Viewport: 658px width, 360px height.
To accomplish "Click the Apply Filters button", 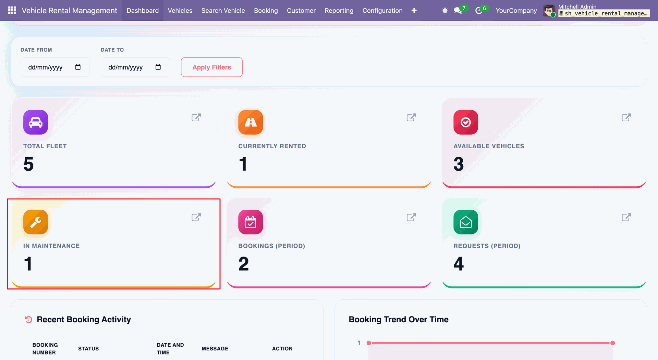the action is (x=211, y=67).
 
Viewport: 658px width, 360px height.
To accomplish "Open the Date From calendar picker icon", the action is (x=78, y=67).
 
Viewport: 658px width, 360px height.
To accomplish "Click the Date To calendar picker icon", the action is (x=158, y=67).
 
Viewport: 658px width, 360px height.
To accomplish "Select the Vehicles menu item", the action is (x=180, y=11).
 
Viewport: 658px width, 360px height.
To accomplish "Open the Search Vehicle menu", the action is (x=223, y=11).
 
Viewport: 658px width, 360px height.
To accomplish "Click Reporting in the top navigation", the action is (x=339, y=11).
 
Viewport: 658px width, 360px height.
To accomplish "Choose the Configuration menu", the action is (x=382, y=11).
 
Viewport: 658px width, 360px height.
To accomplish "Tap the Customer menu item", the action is (x=301, y=11).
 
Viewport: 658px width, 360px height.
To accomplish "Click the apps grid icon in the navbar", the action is (x=12, y=11).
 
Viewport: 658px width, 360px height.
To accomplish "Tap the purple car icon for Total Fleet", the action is (x=36, y=122).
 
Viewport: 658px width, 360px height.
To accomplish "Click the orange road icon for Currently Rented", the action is (x=251, y=122).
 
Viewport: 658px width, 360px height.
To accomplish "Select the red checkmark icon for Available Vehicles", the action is (x=466, y=122).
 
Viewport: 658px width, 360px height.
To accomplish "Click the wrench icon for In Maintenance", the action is (x=36, y=222).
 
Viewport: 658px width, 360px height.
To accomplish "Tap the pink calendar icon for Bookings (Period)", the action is (x=251, y=222).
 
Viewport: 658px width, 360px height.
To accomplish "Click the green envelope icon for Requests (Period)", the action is (x=466, y=222).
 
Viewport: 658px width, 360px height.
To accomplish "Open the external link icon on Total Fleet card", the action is (x=196, y=117).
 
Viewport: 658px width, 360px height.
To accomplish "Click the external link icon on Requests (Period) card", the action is (x=626, y=217).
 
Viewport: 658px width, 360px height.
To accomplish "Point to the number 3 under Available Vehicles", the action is (x=459, y=164).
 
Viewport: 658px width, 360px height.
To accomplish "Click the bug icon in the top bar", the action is (x=445, y=11).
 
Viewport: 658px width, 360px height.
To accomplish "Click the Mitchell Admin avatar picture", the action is (x=549, y=11).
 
